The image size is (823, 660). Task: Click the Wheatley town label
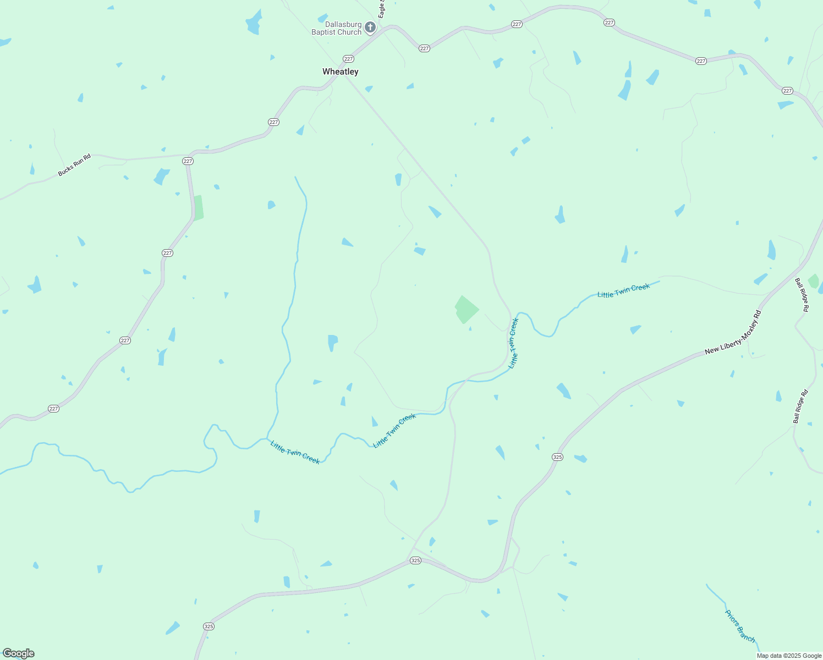340,71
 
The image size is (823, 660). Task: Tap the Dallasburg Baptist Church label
337,29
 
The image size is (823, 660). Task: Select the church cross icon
370,27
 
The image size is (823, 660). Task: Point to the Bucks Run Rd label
74,166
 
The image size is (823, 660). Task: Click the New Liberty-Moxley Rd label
733,332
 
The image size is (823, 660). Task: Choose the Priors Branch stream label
740,626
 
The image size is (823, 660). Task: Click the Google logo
18,653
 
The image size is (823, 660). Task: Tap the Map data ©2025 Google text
789,656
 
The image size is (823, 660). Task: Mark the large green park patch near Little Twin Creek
466,310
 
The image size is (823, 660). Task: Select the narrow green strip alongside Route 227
198,208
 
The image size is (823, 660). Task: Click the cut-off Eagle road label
381,9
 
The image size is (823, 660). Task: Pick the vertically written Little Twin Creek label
513,343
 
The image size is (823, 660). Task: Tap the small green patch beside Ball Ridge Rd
813,281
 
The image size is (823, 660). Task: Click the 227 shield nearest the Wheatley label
348,59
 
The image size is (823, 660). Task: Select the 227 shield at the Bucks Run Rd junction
188,161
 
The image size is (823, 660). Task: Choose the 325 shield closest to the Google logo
209,626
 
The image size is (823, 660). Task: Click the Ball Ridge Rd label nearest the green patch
802,295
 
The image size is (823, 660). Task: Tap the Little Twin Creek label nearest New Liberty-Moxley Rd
623,290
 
